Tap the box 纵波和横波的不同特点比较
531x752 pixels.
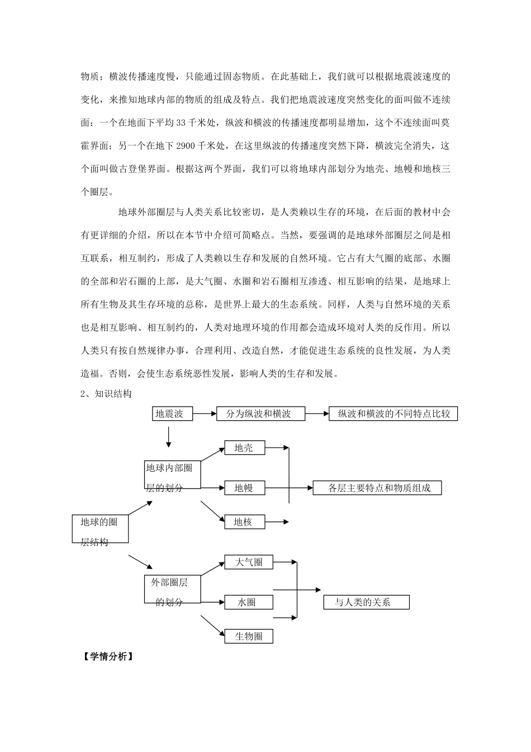pyautogui.click(x=393, y=414)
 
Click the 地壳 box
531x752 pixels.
pyautogui.click(x=244, y=448)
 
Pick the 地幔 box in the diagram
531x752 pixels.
pyautogui.click(x=244, y=488)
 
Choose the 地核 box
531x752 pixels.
pyautogui.click(x=244, y=522)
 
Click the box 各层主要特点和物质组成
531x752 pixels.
pyautogui.click(x=377, y=488)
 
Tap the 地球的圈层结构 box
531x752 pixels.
pyautogui.click(x=100, y=529)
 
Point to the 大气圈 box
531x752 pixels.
pyautogui.click(x=249, y=562)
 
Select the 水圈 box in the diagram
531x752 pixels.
pyautogui.click(x=249, y=602)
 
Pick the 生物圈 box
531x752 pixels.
pyautogui.click(x=249, y=636)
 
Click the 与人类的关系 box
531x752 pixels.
pyautogui.click(x=366, y=603)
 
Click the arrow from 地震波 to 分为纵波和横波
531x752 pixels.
pyautogui.click(x=204, y=414)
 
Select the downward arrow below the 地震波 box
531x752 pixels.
pyautogui.click(x=168, y=437)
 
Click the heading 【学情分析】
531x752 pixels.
pyautogui.click(x=106, y=657)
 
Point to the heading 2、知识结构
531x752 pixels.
pyautogui.click(x=106, y=394)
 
